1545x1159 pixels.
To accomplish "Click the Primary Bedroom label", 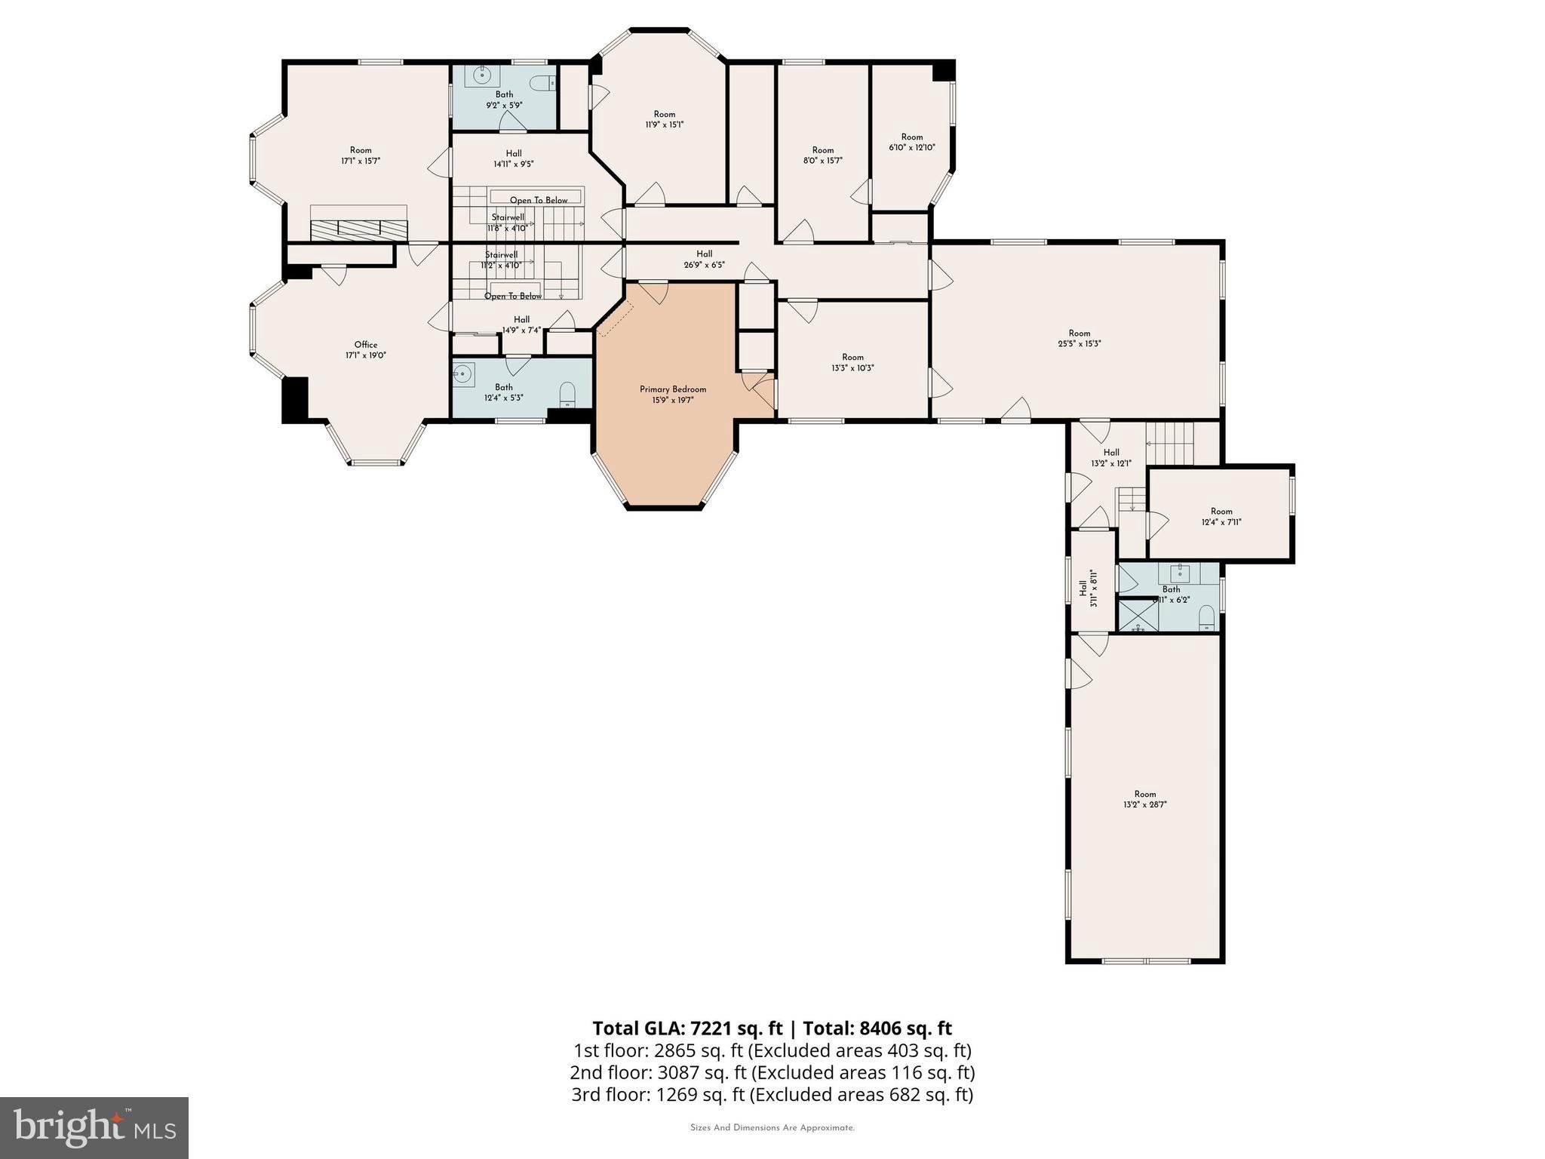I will click(x=673, y=389).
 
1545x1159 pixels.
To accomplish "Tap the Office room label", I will click(x=366, y=345).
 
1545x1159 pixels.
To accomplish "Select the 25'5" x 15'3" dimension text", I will click(x=1079, y=343).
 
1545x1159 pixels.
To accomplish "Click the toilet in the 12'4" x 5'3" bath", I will click(x=567, y=394).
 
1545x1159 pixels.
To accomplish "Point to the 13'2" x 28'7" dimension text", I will click(x=1144, y=804).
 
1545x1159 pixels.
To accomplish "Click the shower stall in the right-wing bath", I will click(x=1138, y=615).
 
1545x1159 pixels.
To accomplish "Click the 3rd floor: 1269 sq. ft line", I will click(x=772, y=1094).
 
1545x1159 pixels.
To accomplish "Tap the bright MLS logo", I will click(x=94, y=1127).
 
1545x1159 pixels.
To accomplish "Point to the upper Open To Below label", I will click(x=539, y=200).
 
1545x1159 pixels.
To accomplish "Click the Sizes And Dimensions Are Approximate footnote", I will click(x=772, y=1128).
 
